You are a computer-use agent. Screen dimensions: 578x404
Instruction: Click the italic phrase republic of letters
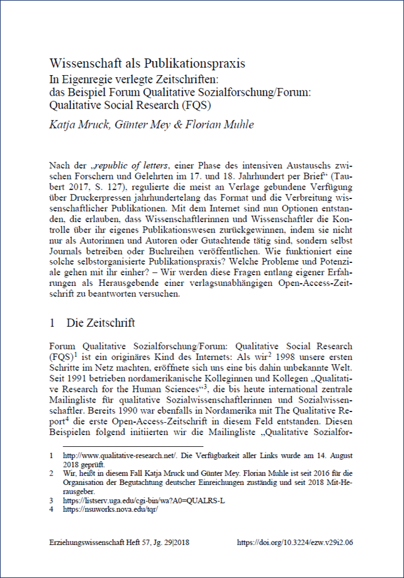(130, 167)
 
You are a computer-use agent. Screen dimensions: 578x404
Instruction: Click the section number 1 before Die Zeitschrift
(52, 323)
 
